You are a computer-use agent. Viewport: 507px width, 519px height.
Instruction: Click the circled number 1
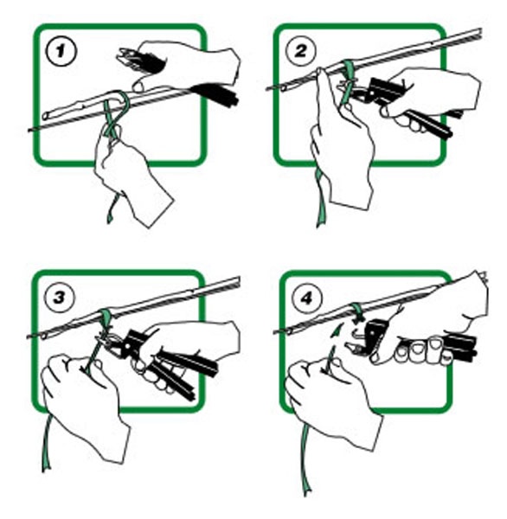(61, 52)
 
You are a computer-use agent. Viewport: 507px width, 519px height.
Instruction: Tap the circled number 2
(301, 51)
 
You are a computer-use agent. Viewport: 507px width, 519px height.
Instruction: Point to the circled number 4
(306, 298)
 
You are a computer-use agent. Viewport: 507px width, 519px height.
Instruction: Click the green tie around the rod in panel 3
(106, 319)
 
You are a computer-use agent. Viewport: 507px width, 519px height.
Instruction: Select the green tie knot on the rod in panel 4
(357, 311)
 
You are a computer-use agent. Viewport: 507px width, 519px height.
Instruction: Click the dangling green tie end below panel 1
(112, 209)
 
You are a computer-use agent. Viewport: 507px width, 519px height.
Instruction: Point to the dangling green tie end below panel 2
(321, 199)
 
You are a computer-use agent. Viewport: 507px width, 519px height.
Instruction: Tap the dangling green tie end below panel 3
(46, 444)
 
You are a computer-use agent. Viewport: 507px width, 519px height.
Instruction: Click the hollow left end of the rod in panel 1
(45, 116)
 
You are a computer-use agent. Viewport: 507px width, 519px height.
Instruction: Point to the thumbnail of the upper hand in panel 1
(137, 87)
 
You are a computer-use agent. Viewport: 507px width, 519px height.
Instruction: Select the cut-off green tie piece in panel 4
(337, 330)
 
